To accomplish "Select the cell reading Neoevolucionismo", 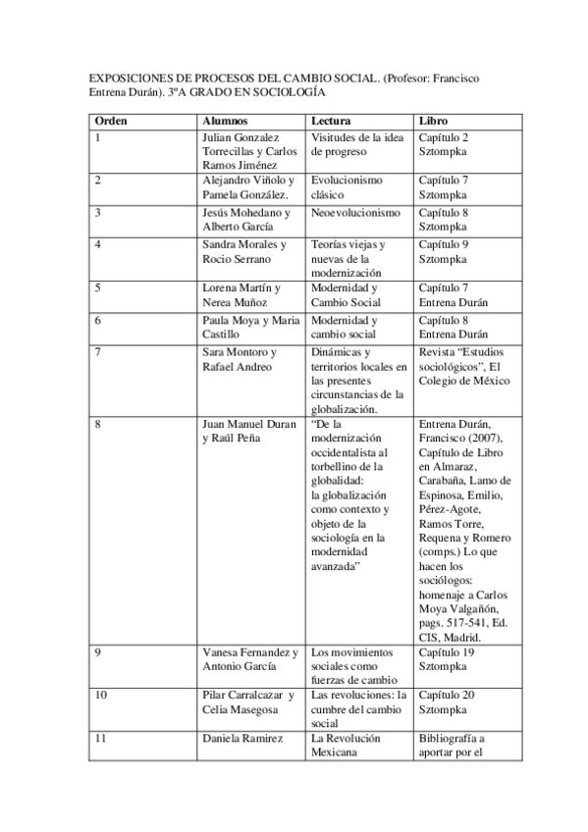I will coord(355,211).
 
